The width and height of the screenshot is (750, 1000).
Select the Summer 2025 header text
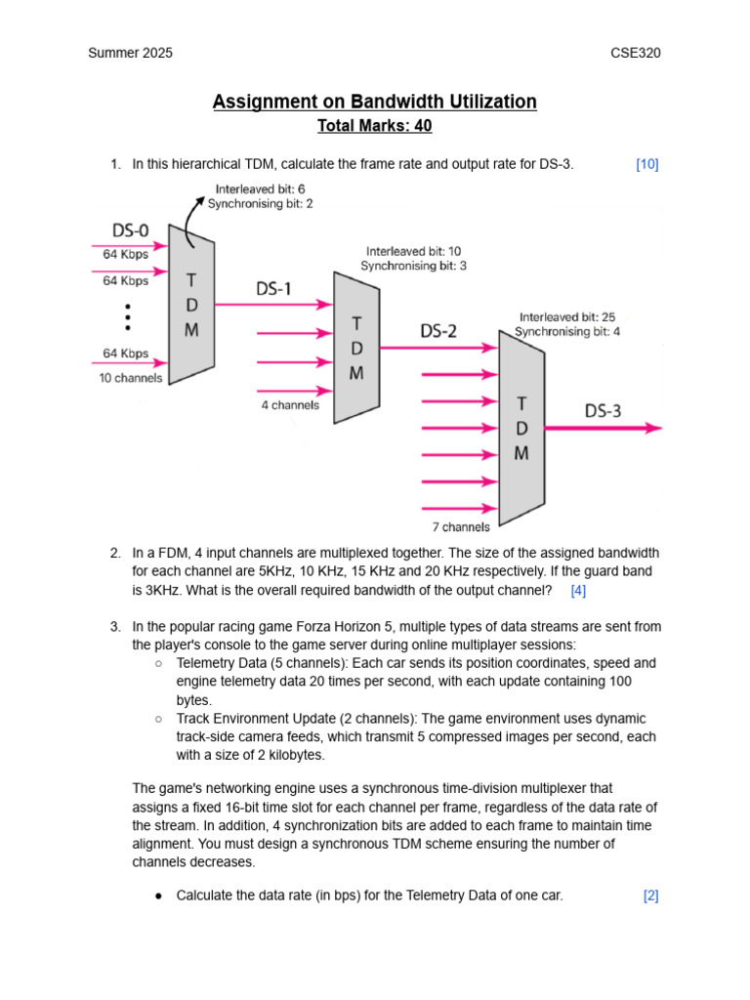point(130,53)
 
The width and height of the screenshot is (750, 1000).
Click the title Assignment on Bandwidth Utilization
point(374,102)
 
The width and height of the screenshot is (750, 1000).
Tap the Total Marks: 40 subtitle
point(374,126)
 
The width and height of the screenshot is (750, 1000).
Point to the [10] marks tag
point(646,164)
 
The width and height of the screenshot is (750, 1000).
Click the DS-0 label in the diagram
point(130,231)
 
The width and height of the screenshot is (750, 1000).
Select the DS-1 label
point(273,289)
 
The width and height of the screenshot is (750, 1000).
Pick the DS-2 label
point(438,331)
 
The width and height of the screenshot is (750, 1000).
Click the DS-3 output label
point(603,410)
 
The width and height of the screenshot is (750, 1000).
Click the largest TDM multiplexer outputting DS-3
point(521,428)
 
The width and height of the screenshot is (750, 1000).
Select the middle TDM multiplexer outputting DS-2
point(356,348)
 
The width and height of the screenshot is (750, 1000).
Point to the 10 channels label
point(130,378)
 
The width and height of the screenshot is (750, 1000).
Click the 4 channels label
point(290,404)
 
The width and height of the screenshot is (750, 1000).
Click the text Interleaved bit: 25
point(567,317)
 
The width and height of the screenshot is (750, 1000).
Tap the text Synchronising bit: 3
point(413,266)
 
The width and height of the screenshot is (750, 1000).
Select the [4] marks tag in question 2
point(578,590)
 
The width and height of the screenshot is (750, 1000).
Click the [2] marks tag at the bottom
point(650,896)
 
